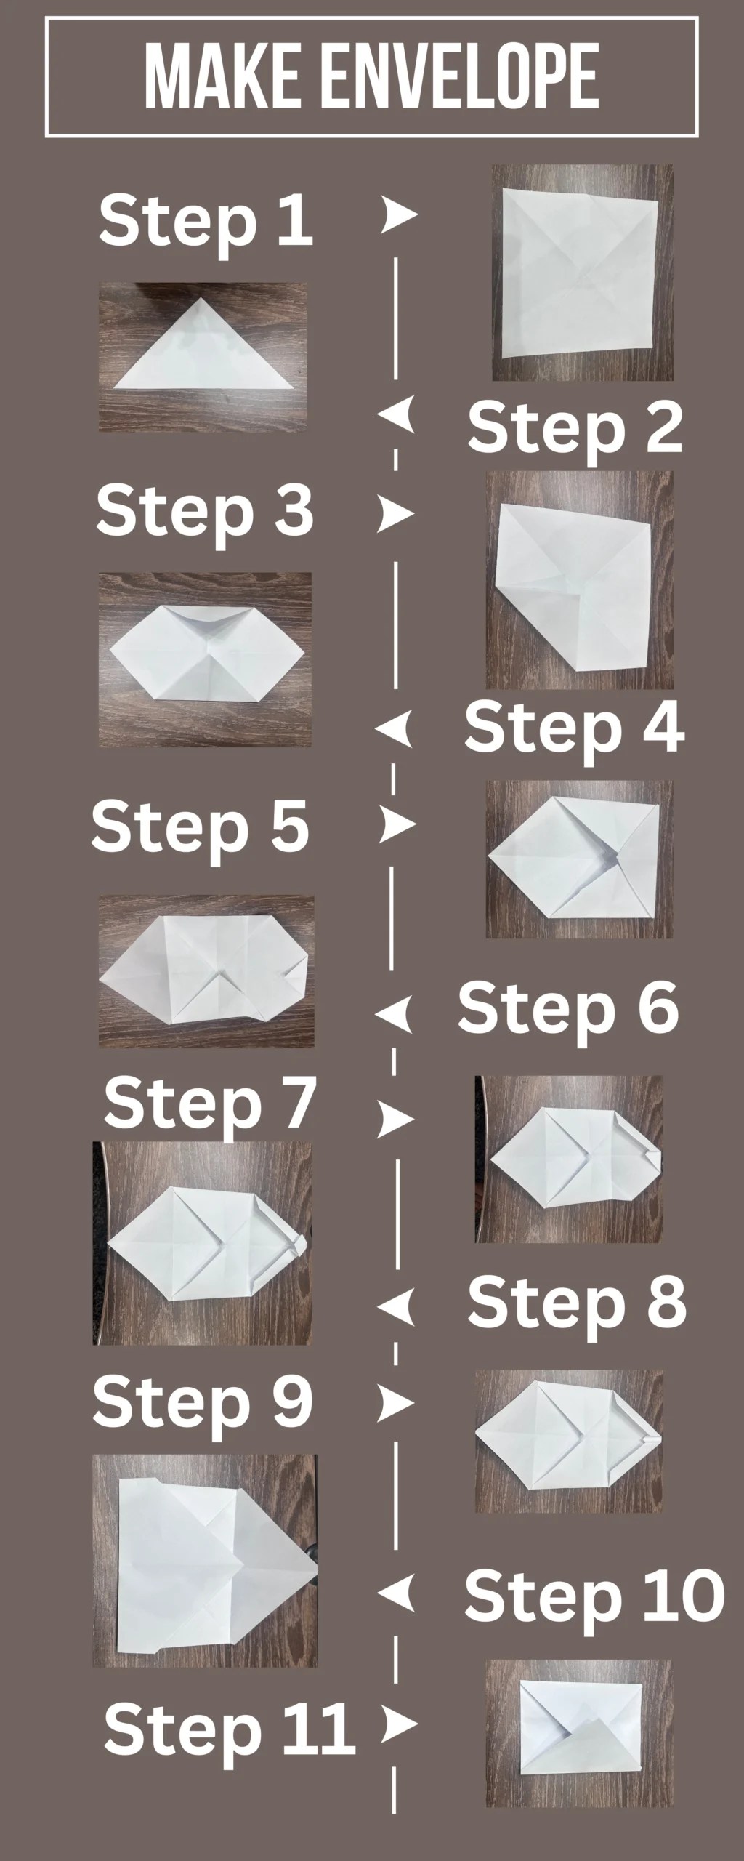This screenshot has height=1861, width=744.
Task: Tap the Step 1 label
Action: [x=206, y=221]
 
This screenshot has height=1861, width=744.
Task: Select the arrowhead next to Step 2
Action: [x=397, y=416]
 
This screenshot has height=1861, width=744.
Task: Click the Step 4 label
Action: [x=574, y=728]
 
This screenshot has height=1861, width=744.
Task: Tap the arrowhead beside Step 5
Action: [x=397, y=824]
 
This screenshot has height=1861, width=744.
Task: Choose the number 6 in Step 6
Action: [x=655, y=1006]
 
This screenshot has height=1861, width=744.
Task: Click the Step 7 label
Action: [x=210, y=1104]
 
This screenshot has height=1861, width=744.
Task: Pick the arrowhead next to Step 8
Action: [x=397, y=1306]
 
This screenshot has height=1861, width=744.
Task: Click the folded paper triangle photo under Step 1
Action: [x=203, y=357]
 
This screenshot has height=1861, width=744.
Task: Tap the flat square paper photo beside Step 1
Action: [x=582, y=273]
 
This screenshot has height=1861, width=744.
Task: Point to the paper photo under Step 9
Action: [x=205, y=1560]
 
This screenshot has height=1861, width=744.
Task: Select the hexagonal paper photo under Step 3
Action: [x=205, y=659]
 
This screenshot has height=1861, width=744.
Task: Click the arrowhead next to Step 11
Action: [x=399, y=1723]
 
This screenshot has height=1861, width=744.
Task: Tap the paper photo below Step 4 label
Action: [x=579, y=859]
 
